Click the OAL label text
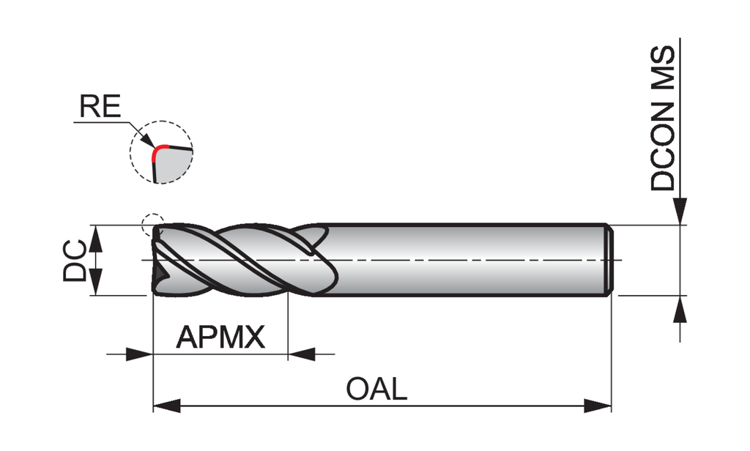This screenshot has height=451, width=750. tap(376, 389)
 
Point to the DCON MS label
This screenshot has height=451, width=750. tap(663, 119)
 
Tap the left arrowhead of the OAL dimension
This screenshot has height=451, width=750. tap(166, 405)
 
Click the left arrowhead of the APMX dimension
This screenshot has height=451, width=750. tap(138, 355)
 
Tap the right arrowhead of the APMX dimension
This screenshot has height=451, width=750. tap(301, 355)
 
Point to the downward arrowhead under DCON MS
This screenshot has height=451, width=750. tap(681, 212)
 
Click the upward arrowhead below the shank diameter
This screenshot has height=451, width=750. tap(681, 308)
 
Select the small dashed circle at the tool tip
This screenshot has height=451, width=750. tap(152, 221)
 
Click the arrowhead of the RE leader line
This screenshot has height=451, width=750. tap(149, 141)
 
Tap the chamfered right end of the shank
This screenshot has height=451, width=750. tap(608, 261)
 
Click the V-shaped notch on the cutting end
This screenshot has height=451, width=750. tap(159, 275)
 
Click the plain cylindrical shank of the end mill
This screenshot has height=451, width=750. tap(469, 261)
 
